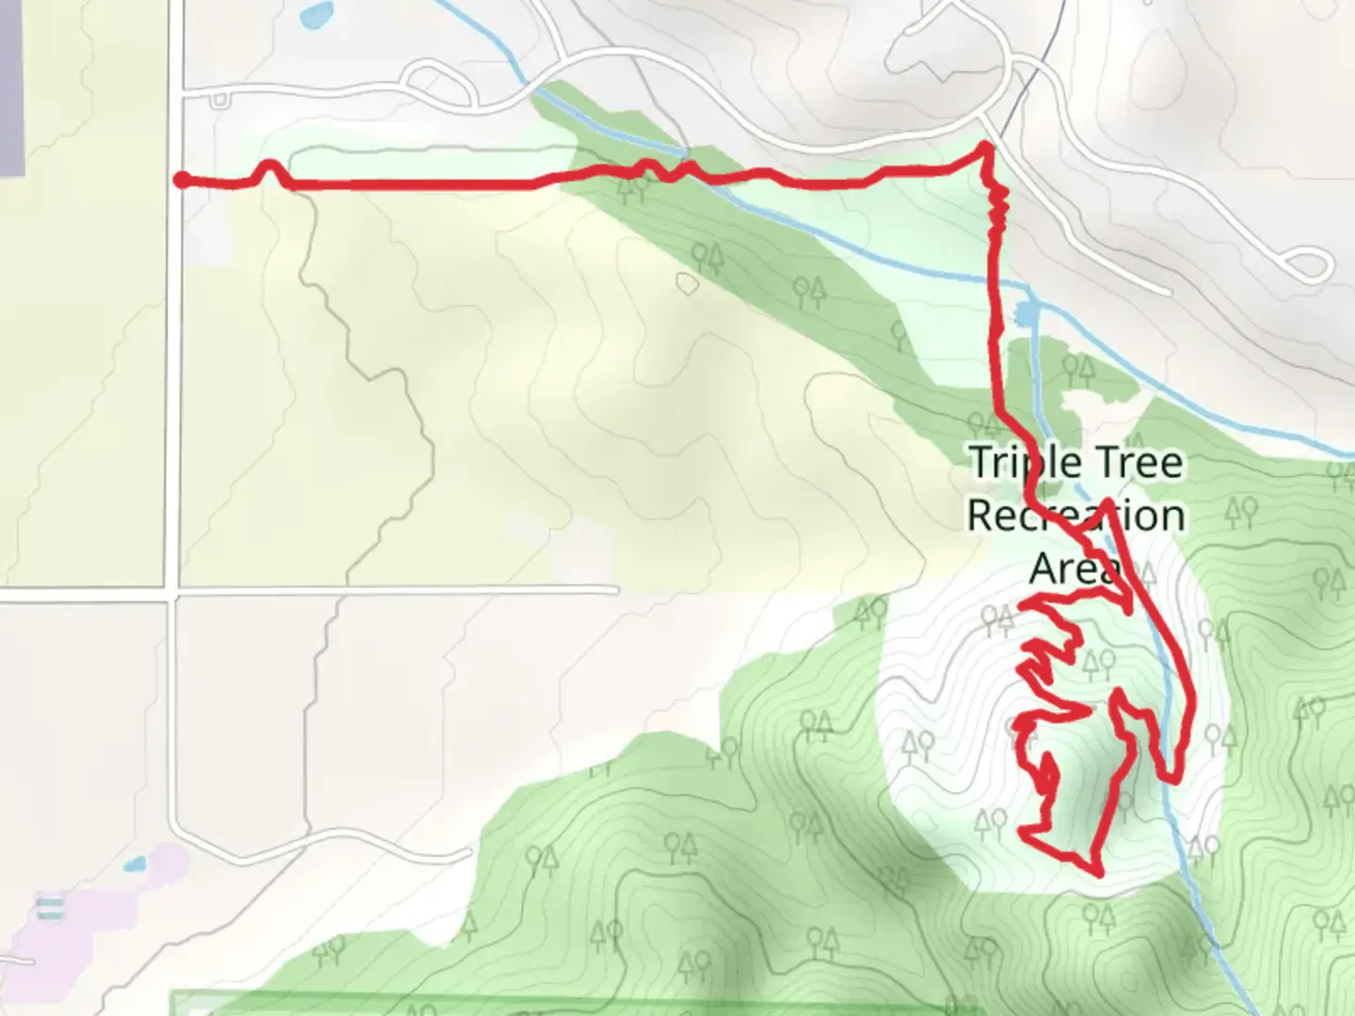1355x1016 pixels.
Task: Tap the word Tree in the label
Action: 1135,463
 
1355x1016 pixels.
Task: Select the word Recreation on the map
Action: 1076,516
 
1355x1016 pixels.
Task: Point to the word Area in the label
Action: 1073,567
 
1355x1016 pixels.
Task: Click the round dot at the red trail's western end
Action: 180,180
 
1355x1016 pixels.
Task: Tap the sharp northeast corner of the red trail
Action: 985,146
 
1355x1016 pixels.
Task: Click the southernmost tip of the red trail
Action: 1099,873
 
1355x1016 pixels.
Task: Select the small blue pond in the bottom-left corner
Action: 135,863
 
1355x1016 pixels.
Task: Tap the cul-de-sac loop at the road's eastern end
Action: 1309,265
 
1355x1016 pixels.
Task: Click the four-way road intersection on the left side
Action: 171,593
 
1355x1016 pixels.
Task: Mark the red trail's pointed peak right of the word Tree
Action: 1108,501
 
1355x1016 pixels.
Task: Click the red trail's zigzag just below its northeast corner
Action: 997,207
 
